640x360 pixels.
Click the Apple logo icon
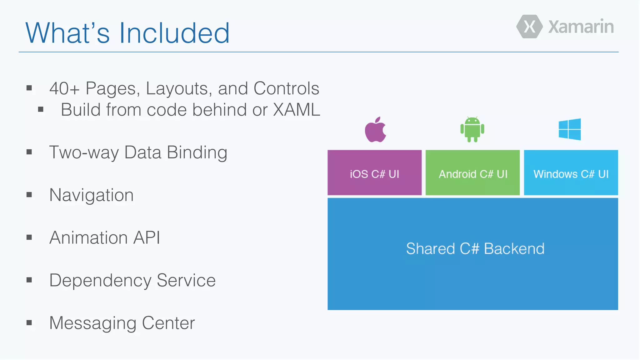(375, 130)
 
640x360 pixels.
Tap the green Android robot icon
(472, 129)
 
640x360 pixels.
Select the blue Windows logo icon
(570, 129)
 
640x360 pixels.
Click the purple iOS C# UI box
(374, 173)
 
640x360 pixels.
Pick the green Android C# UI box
(472, 173)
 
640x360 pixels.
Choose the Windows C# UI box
(571, 173)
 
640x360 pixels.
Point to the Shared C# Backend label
(475, 249)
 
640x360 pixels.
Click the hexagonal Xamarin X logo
(529, 27)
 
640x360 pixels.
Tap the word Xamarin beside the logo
(581, 27)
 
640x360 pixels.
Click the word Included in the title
(174, 33)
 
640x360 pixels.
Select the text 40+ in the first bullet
(64, 88)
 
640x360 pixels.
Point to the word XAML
(297, 110)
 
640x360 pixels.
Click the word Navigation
(92, 195)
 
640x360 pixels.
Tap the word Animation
(88, 237)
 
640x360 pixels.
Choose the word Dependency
(100, 280)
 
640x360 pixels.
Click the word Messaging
(92, 323)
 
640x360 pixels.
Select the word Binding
(197, 152)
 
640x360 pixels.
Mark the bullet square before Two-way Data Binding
(29, 152)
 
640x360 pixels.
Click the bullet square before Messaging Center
(29, 322)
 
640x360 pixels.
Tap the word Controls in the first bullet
(286, 88)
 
